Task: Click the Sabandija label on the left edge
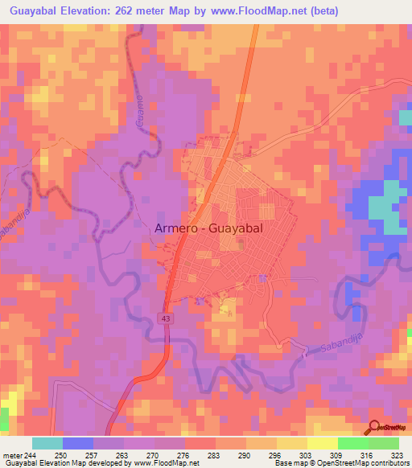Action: pos(8,228)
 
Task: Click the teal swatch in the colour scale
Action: pos(47,443)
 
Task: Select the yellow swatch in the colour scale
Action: pos(323,443)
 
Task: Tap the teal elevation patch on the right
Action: pos(387,205)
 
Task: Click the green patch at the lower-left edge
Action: pos(4,419)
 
